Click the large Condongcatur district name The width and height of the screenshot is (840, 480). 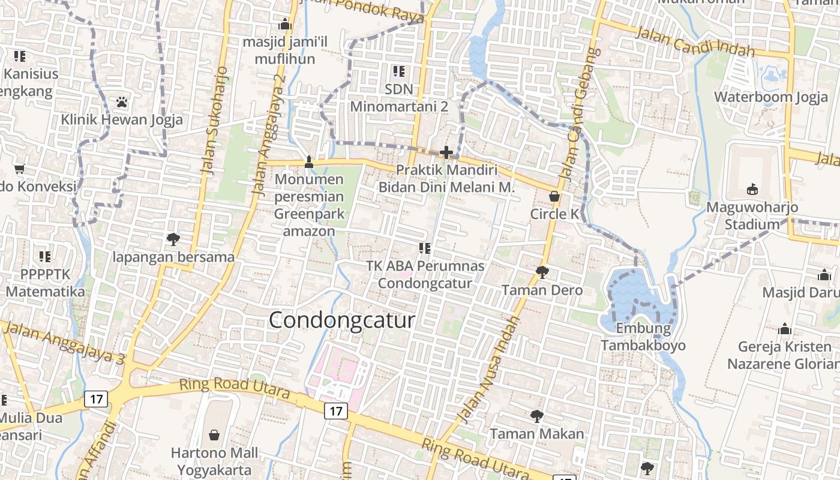341,320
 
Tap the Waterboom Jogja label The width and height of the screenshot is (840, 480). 771,97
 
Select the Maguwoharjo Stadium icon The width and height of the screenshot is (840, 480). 752,190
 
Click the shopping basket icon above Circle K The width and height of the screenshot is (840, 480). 555,196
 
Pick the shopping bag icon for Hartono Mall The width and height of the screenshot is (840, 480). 214,434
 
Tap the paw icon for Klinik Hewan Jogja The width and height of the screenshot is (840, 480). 122,102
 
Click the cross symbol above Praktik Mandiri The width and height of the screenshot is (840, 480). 446,152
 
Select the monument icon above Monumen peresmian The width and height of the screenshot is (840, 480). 309,161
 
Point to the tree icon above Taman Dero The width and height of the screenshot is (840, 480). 542,272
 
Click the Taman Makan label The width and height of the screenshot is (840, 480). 537,434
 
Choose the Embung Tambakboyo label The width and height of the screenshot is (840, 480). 643,337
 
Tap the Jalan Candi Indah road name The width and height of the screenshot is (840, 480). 694,41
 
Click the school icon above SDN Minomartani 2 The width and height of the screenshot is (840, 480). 399,72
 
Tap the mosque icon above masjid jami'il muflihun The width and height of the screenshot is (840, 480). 285,25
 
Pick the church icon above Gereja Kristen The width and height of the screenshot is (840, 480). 785,329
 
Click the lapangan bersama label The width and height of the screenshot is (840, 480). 173,257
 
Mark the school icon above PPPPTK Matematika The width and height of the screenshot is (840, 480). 45,257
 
